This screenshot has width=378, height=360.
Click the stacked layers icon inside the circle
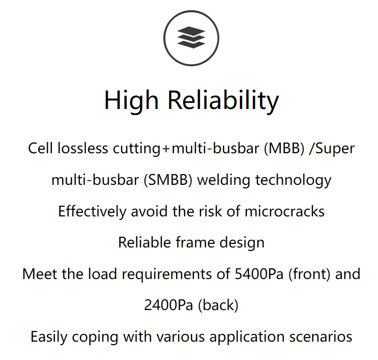[x=191, y=37]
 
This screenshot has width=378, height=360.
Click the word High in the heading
[x=131, y=100]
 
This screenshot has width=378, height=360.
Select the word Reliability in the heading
[x=223, y=100]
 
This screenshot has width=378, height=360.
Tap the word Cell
[x=40, y=148]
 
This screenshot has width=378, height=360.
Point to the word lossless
[x=83, y=148]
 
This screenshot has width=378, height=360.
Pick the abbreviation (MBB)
[x=284, y=148]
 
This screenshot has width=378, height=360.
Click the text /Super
[x=332, y=149]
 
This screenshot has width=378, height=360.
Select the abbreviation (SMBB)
[x=168, y=180]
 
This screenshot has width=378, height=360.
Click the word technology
[x=294, y=180]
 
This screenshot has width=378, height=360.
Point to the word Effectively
[x=92, y=212]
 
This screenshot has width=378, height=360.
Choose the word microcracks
[x=284, y=212]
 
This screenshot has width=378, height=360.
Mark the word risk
[x=210, y=212]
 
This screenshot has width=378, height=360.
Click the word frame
[x=195, y=242]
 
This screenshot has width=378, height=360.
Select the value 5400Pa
[x=259, y=274]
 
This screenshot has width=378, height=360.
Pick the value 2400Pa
[x=168, y=305]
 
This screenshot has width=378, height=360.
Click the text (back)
[x=218, y=306]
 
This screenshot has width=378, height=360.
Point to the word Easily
[x=49, y=337]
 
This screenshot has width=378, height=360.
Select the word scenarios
[x=321, y=337]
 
